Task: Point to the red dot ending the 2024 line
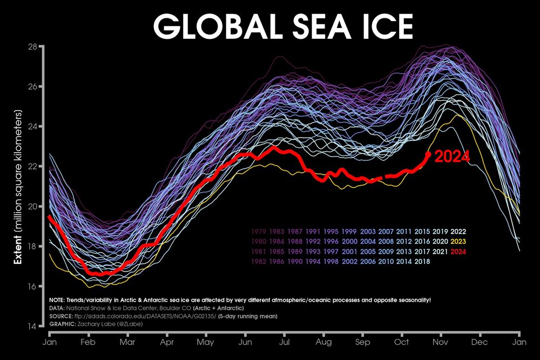(429, 154)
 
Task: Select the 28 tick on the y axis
(32, 47)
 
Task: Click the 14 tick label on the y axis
(32, 327)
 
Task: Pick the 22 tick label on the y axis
(32, 167)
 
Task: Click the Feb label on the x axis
(89, 342)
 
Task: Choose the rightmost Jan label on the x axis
(519, 342)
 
